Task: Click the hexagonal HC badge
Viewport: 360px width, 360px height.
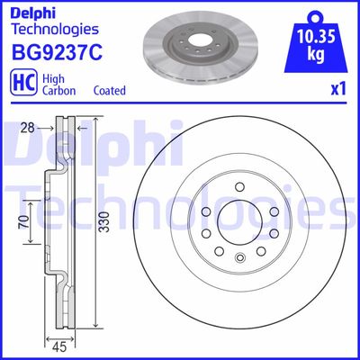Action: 19,84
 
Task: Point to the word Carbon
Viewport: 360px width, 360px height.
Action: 59,91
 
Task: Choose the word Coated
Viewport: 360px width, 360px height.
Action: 110,91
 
